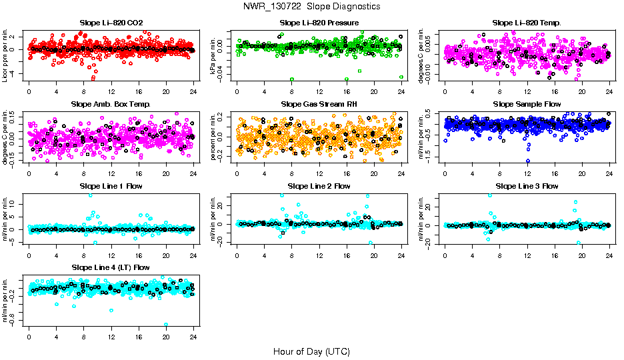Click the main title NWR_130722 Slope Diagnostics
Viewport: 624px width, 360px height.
point(312,6)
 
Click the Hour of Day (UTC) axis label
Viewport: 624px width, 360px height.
point(311,351)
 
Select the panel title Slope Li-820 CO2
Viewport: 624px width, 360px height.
point(111,23)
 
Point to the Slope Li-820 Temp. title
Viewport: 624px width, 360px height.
point(527,23)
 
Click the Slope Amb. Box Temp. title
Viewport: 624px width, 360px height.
point(111,104)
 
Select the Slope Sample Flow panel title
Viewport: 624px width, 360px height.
point(527,104)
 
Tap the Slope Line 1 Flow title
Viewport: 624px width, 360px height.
point(111,186)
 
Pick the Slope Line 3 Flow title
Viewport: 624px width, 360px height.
point(527,186)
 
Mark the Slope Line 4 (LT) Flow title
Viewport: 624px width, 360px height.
point(111,267)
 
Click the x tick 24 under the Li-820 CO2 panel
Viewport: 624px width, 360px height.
point(193,92)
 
